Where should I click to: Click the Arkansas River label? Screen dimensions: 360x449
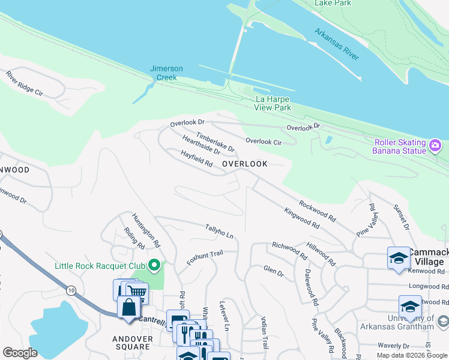[x=336, y=44]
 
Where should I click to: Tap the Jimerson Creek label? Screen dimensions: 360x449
[x=166, y=73]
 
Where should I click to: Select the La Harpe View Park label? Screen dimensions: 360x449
[x=273, y=103]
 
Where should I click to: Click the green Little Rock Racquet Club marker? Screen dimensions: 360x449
[x=154, y=265]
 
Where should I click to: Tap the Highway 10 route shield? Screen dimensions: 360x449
[x=72, y=290]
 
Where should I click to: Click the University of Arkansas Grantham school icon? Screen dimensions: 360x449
[x=411, y=306]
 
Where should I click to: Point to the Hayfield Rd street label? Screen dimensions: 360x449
[x=197, y=159]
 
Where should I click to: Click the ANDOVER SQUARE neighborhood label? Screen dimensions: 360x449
[x=131, y=343]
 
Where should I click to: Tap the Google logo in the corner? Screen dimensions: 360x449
[x=20, y=353]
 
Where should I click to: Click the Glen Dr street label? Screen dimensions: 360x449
[x=273, y=271]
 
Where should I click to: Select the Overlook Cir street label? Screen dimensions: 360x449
[x=264, y=142]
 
